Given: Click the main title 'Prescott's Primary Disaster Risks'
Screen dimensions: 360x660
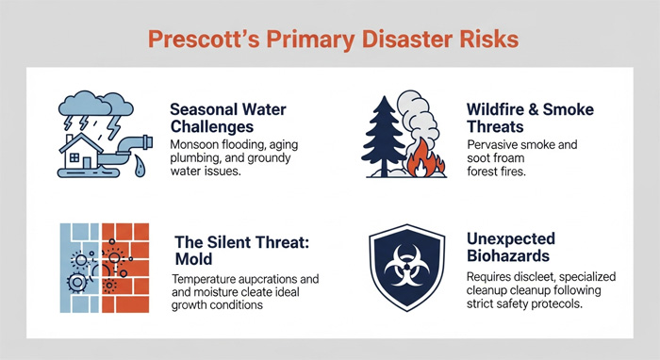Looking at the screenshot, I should pyautogui.click(x=330, y=41).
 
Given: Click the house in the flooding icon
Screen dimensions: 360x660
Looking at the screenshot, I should pyautogui.click(x=86, y=153).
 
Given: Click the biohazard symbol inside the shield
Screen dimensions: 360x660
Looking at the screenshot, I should pyautogui.click(x=403, y=264).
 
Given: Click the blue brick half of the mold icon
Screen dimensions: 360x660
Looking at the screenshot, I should pyautogui.click(x=77, y=263).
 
